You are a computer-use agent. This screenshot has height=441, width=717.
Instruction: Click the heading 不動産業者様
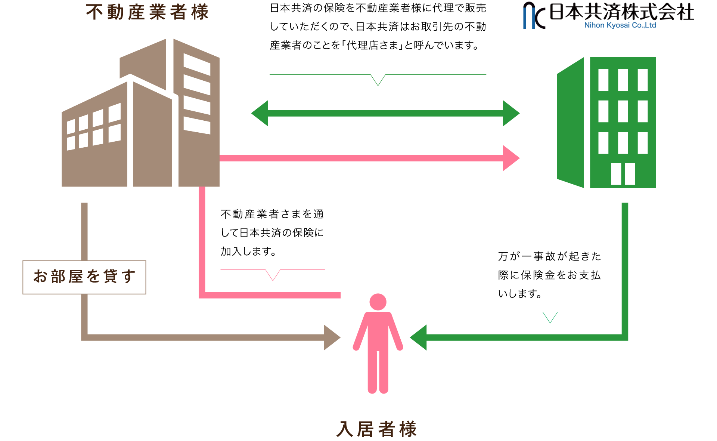tap(147, 12)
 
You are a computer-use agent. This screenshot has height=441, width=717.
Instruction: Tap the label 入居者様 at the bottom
tap(376, 429)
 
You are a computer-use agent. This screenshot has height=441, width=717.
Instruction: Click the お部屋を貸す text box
tap(84, 277)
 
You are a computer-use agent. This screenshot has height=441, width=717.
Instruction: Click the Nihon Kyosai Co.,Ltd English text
tap(620, 25)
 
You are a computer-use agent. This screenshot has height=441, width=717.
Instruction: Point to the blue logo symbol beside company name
tap(534, 16)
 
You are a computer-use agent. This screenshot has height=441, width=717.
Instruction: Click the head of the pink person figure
tap(378, 302)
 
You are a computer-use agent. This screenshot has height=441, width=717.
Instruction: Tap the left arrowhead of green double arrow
tap(261, 113)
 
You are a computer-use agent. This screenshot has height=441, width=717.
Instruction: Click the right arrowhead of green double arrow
tap(510, 113)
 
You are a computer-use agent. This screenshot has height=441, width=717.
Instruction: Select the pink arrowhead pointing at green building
tap(510, 158)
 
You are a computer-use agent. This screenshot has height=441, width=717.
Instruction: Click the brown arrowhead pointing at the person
tap(331, 337)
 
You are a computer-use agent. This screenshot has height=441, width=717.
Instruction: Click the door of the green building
tap(623, 174)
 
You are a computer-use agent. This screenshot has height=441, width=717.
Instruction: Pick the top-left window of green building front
tap(603, 80)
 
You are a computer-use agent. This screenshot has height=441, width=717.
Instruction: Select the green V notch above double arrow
tap(378, 80)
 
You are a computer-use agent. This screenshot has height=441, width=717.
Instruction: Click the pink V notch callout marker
tap(273, 275)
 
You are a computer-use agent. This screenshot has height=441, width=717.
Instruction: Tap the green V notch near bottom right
tap(550, 317)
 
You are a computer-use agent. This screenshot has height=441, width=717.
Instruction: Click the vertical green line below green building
tap(625, 262)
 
